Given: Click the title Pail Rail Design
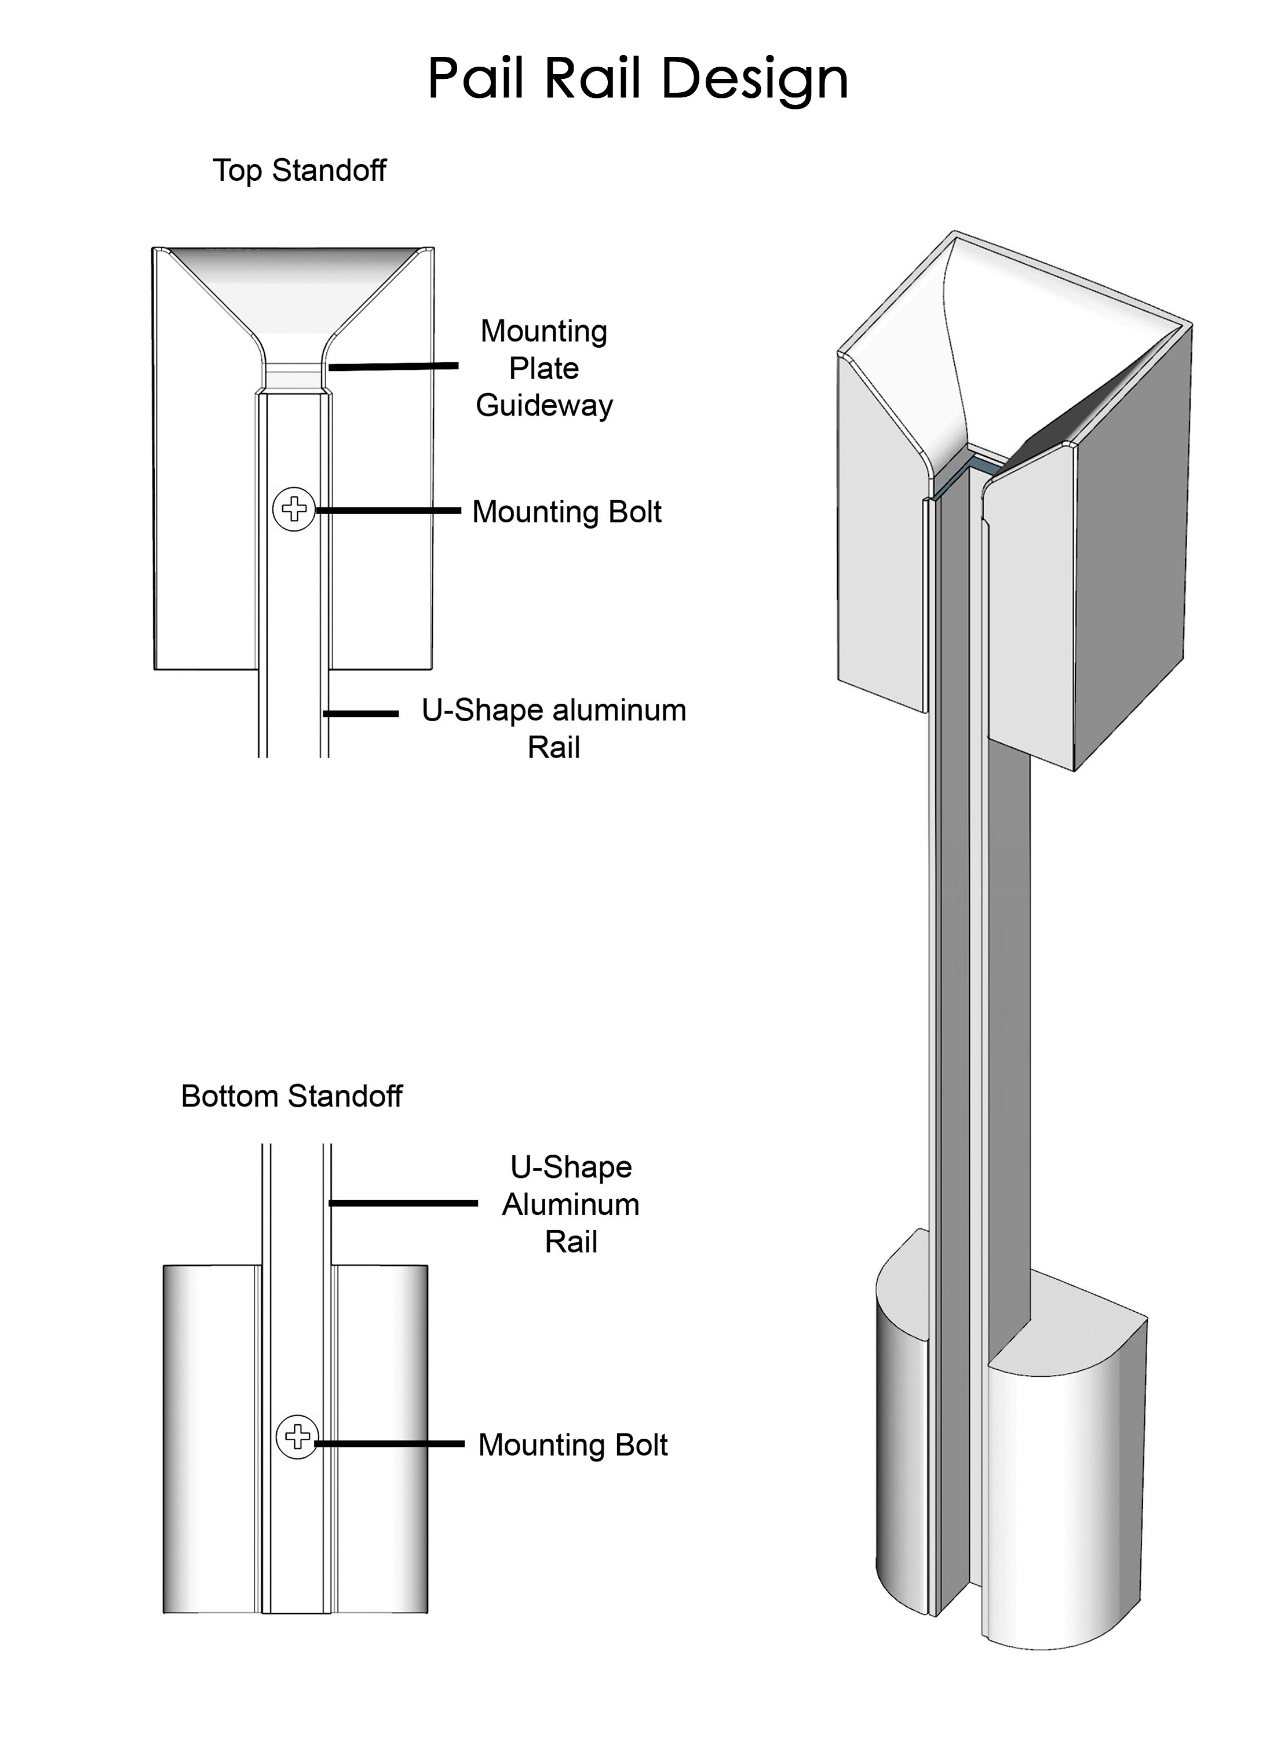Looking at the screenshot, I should coord(638,79).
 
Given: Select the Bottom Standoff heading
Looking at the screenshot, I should coord(291,1096).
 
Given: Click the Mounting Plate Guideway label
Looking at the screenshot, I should coord(544,368).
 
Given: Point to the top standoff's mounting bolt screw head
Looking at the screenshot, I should coord(294,510).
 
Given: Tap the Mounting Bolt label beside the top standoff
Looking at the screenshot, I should coord(567,512).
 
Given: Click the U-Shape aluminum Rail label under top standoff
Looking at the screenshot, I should coord(553,729).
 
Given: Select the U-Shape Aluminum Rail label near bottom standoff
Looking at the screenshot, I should coord(571,1204).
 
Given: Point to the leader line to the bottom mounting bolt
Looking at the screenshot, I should coord(391,1443).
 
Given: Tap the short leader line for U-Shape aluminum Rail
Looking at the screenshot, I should coord(361,714).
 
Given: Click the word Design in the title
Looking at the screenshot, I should coord(755,79).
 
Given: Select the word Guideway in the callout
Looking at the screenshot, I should coord(544,405).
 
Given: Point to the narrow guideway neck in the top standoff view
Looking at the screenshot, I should coord(294,378).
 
